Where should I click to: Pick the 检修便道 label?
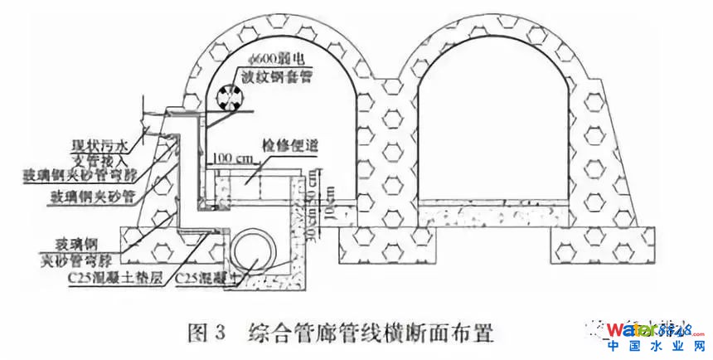[291, 146]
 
